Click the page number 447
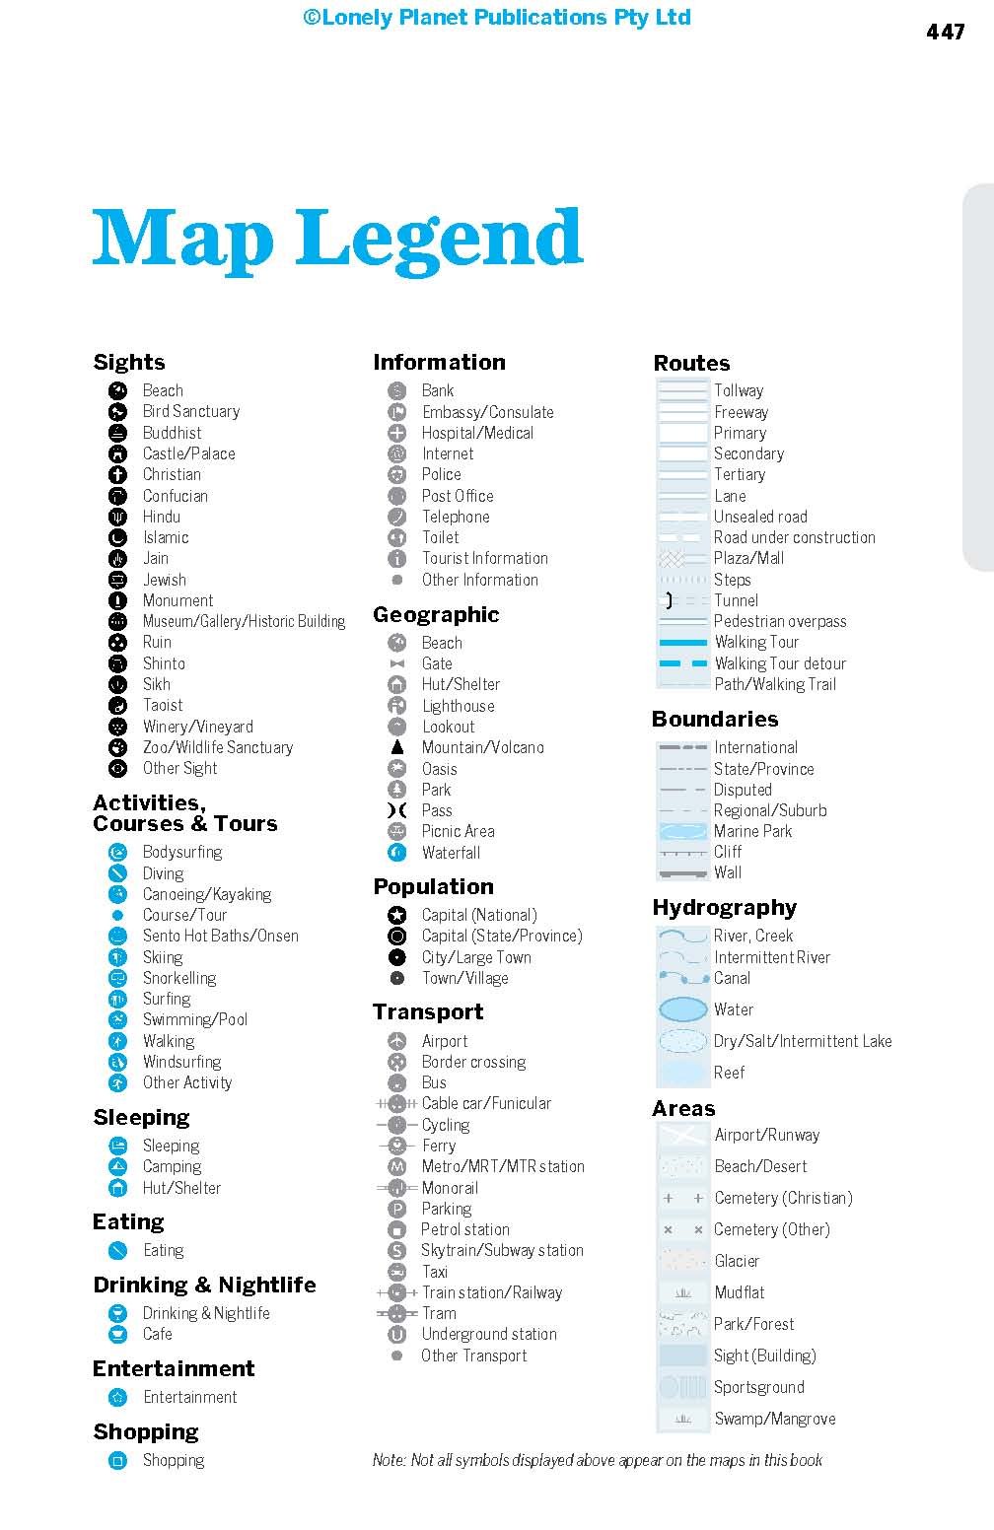[x=945, y=32]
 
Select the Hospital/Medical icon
[x=397, y=433]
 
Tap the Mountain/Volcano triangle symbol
[x=397, y=747]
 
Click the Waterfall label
[x=451, y=853]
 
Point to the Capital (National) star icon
[x=397, y=915]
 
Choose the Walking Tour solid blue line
[x=682, y=642]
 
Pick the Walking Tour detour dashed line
[x=682, y=663]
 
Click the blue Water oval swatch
[x=682, y=1009]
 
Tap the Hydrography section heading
[x=724, y=907]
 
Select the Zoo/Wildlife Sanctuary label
[x=217, y=747]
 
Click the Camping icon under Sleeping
[x=118, y=1166]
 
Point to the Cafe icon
[x=118, y=1334]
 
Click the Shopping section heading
[x=146, y=1431]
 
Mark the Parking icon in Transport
[x=397, y=1209]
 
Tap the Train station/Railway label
[x=491, y=1292]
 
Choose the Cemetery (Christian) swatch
[x=682, y=1198]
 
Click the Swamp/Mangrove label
[x=774, y=1419]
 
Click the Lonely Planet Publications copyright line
[x=497, y=18]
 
